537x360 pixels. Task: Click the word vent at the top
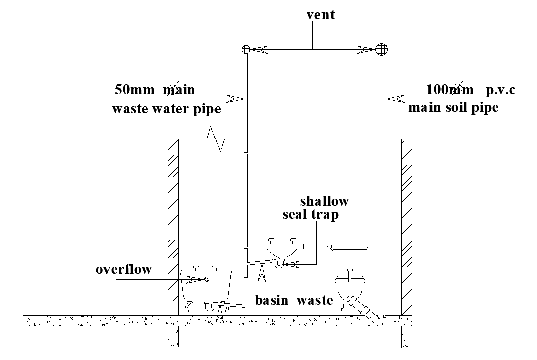320,15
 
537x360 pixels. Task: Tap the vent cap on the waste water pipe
246,49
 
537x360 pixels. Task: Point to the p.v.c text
501,91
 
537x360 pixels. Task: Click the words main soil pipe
453,108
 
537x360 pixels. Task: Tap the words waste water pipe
166,109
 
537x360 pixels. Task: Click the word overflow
124,269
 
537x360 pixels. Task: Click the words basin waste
293,300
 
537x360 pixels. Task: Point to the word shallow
324,201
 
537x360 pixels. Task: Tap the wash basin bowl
283,250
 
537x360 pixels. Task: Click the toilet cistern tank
350,257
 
